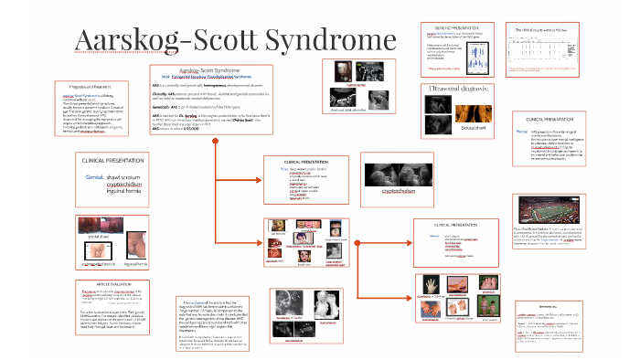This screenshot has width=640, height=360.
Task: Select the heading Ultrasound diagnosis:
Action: [462, 88]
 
